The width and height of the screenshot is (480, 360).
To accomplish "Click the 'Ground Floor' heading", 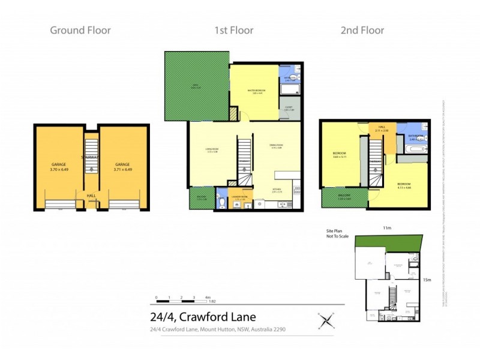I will click(80, 30).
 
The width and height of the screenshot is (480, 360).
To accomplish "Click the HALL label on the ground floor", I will click(91, 195).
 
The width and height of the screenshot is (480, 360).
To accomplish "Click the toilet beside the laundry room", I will click(221, 202).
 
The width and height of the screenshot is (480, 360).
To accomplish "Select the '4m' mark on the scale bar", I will click(208, 298).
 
